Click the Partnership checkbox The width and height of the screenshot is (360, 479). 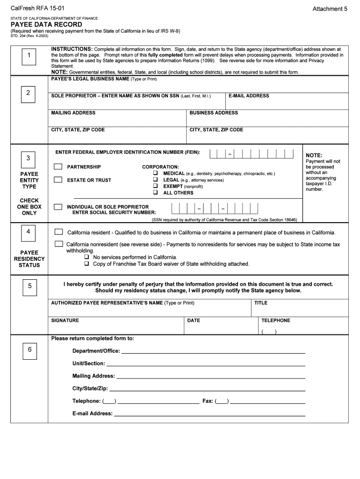point(58,167)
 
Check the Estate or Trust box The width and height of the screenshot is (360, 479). point(58,179)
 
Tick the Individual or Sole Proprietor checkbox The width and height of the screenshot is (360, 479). point(58,206)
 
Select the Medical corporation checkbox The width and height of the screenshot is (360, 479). point(155,174)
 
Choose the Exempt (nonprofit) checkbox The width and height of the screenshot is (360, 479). point(155,186)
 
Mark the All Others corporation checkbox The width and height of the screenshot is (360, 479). point(155,193)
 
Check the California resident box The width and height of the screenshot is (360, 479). point(59,232)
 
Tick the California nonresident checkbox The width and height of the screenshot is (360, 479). point(59,244)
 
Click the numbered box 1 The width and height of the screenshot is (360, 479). point(29,56)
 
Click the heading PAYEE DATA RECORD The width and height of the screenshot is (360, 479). point(46,25)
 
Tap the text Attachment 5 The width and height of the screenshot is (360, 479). point(330,9)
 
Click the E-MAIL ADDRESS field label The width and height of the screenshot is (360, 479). point(248,96)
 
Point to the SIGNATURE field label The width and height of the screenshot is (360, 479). point(65,320)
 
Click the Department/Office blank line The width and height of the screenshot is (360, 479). point(213,352)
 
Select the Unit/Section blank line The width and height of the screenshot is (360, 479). point(205,364)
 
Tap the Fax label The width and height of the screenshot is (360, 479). point(207,401)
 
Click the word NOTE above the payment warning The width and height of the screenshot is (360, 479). point(314,156)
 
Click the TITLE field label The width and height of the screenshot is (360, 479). point(260,303)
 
